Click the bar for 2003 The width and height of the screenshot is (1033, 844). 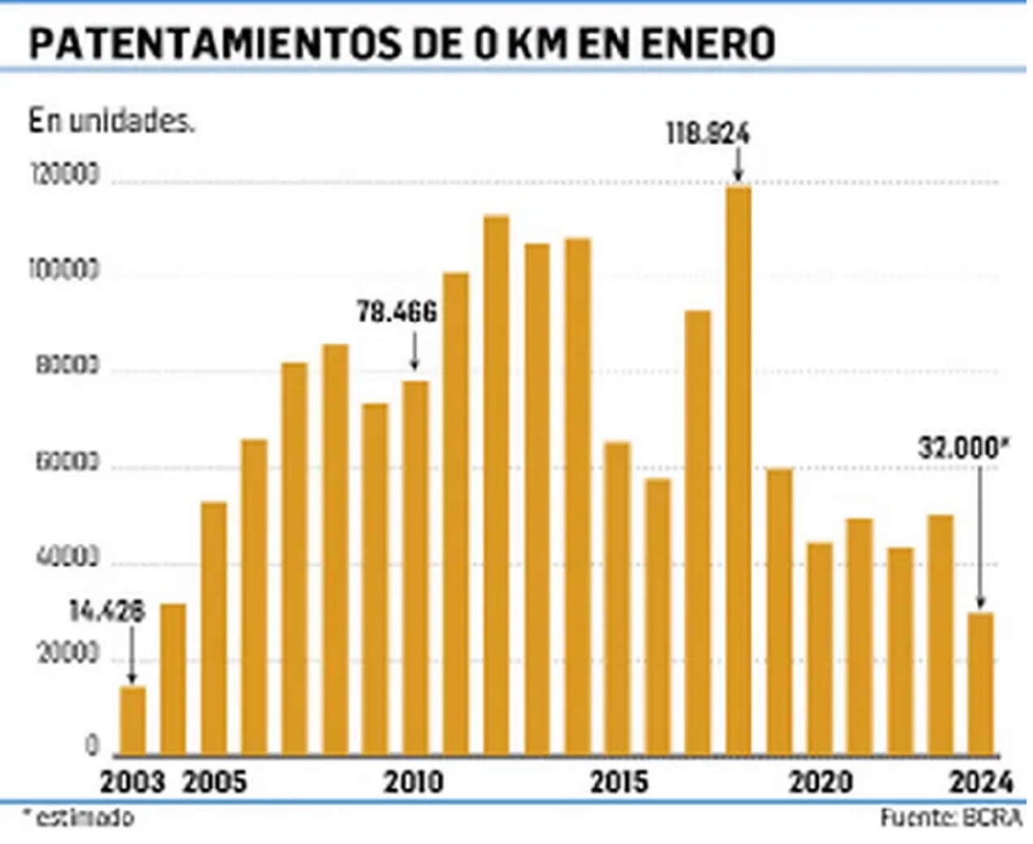133,721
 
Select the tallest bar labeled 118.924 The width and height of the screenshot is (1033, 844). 738,471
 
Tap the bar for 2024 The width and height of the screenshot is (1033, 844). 981,683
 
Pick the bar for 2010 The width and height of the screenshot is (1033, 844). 415,568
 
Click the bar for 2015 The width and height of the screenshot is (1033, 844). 618,598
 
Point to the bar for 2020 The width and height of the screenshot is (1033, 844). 819,648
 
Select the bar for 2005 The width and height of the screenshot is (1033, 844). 214,628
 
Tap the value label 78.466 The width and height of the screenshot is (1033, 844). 397,312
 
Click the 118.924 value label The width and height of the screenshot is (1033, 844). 707,134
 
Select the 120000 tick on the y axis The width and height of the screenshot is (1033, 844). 65,175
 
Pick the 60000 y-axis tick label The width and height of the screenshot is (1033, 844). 68,463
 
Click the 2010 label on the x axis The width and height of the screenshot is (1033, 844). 414,782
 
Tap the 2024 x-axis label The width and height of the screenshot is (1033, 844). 981,782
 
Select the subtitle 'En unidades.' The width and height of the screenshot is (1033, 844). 111,122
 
